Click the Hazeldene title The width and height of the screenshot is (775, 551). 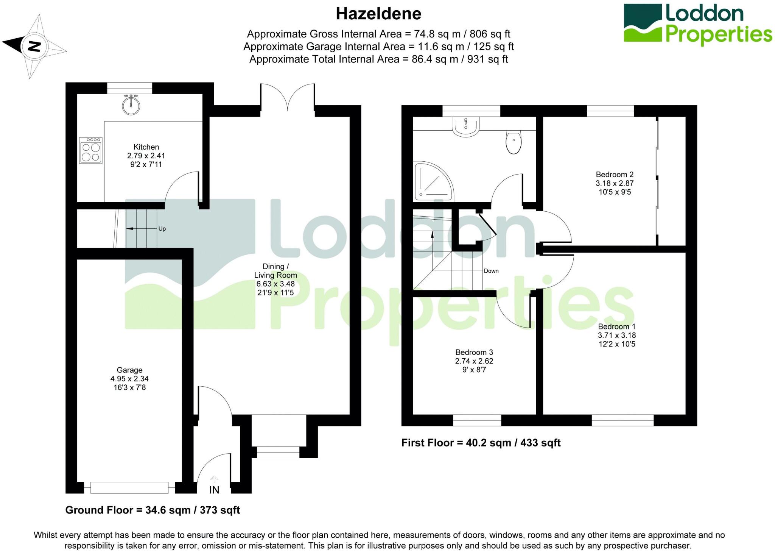(x=378, y=14)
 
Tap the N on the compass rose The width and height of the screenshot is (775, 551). (x=34, y=47)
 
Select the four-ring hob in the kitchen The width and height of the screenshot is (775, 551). (x=91, y=150)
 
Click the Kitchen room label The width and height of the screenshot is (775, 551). (x=146, y=147)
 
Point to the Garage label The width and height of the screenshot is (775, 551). (x=129, y=370)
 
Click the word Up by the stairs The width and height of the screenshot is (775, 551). (x=162, y=229)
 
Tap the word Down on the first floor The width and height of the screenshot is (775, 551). (x=491, y=271)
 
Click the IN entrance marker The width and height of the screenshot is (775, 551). (x=214, y=490)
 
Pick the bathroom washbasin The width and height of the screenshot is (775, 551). (x=465, y=126)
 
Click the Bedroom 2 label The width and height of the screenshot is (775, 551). (x=615, y=175)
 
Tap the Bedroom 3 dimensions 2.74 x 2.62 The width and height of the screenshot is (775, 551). (x=474, y=361)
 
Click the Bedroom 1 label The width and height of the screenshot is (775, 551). (x=616, y=326)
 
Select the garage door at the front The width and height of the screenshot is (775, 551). (x=129, y=487)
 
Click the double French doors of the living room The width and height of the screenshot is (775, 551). (x=288, y=98)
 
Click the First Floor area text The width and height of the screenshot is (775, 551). (x=481, y=443)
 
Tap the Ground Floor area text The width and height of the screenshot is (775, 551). (x=153, y=510)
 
